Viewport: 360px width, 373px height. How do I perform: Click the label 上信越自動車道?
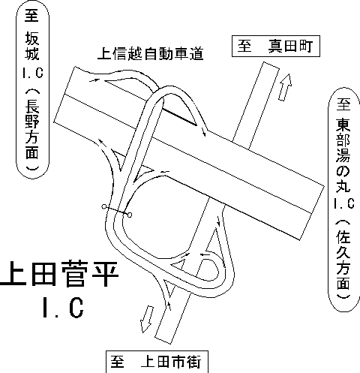pos(151,53)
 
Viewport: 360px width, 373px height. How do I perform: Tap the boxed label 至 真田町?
pos(276,46)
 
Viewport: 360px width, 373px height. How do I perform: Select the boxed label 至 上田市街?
pos(157,362)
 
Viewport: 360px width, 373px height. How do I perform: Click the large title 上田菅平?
pos(59,274)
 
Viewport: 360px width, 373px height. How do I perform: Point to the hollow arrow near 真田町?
pos(285,87)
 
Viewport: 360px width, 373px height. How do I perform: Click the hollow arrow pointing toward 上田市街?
pos(147,319)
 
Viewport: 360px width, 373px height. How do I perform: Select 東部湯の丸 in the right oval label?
pos(343,155)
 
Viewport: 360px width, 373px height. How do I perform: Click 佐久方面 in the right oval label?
pos(343,260)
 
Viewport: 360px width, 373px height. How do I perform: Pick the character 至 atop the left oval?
pos(32,15)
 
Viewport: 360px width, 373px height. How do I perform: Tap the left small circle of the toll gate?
pos(103,206)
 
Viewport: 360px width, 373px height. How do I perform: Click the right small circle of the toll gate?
pos(130,215)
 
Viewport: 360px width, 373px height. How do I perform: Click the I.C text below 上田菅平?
pos(63,307)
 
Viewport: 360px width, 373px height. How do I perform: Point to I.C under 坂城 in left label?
pos(33,73)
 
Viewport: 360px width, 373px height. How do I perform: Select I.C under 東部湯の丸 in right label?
pos(344,203)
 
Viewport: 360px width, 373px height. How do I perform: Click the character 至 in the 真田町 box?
pos(244,46)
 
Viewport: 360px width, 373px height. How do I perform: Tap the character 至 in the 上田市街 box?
pos(118,362)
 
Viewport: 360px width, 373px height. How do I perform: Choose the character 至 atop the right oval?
pos(343,104)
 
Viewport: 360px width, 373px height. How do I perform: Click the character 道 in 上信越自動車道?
pos(196,54)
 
